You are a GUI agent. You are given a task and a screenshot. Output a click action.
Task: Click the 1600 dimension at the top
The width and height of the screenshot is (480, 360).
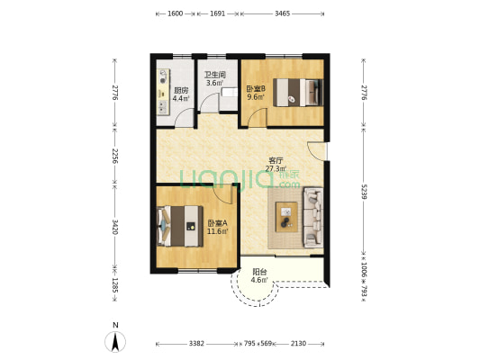[176, 13]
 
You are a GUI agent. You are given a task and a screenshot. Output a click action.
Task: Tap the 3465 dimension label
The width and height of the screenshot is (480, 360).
[282, 13]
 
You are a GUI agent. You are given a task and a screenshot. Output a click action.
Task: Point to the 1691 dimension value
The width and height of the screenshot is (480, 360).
[217, 13]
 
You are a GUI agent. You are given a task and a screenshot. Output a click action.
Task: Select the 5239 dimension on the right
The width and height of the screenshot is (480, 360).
[364, 191]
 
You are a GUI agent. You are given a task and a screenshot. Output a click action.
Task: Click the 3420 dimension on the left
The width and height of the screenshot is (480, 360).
[115, 227]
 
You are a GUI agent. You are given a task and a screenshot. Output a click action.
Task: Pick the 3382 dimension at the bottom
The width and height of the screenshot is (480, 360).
[196, 344]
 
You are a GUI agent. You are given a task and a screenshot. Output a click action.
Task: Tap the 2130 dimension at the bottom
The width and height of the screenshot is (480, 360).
[298, 344]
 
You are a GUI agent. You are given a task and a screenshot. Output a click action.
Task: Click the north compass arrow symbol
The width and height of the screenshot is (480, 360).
[115, 342]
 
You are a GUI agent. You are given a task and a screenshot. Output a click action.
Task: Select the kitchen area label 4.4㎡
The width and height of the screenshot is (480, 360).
[181, 98]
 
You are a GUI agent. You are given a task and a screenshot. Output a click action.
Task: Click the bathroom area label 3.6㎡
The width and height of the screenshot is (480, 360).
[214, 83]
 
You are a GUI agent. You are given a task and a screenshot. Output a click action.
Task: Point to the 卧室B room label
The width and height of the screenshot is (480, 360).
[256, 89]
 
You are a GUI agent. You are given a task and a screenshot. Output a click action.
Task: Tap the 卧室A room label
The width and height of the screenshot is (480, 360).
[217, 223]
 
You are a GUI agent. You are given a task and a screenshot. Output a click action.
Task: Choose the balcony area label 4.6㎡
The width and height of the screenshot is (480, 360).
[259, 280]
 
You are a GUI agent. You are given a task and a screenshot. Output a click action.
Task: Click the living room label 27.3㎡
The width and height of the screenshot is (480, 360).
[276, 168]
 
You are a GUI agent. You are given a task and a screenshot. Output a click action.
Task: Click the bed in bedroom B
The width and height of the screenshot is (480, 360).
[298, 93]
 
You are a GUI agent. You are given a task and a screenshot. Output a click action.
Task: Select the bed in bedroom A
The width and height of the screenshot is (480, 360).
[180, 226]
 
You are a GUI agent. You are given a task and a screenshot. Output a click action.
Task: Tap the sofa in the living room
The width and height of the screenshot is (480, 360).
[313, 218]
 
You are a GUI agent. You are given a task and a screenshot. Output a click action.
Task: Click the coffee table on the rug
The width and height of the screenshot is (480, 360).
[286, 217]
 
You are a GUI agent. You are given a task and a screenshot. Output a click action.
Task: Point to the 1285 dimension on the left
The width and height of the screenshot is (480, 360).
[115, 285]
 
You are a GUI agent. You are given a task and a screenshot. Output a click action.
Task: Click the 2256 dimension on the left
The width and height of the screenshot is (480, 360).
[115, 156]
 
